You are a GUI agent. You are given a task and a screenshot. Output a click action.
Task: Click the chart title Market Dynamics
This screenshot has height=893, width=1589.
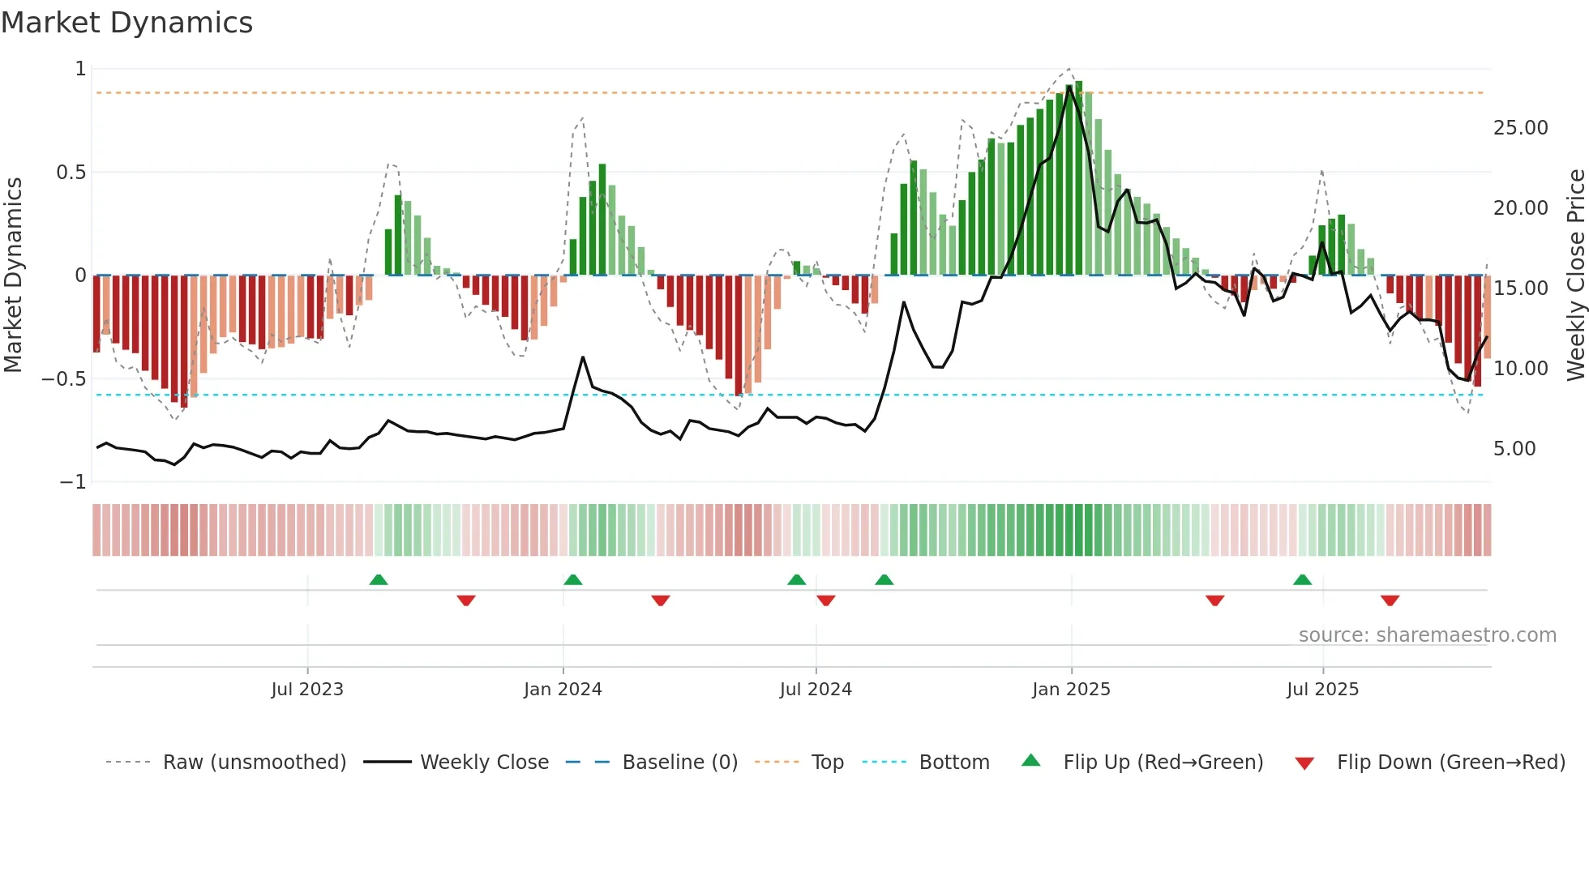127,23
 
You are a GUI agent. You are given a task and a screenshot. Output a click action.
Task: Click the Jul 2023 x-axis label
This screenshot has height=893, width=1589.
307,690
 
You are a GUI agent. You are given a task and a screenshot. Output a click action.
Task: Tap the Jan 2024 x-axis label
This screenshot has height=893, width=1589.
563,690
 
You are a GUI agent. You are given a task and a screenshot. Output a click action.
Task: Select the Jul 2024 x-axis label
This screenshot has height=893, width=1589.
816,690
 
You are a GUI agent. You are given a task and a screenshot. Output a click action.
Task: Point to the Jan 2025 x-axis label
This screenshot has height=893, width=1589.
1071,690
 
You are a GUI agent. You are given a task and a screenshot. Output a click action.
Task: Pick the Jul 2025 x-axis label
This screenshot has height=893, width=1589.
1322,690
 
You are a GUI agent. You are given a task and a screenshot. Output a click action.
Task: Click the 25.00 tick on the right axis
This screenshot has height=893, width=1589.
1520,128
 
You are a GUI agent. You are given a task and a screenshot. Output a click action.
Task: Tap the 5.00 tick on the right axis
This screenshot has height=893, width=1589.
1514,449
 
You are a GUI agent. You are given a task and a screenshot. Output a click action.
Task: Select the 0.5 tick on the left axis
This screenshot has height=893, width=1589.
71,173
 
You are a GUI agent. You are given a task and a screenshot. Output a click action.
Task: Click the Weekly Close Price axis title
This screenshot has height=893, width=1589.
1575,275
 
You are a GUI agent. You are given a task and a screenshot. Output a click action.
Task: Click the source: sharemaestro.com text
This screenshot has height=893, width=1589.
1427,635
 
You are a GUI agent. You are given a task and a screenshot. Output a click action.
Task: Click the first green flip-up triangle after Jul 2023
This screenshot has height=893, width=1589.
379,579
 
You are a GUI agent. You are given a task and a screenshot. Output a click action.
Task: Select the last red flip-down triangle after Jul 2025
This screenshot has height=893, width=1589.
1390,600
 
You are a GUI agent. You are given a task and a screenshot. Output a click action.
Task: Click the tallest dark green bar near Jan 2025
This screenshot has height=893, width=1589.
1078,178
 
